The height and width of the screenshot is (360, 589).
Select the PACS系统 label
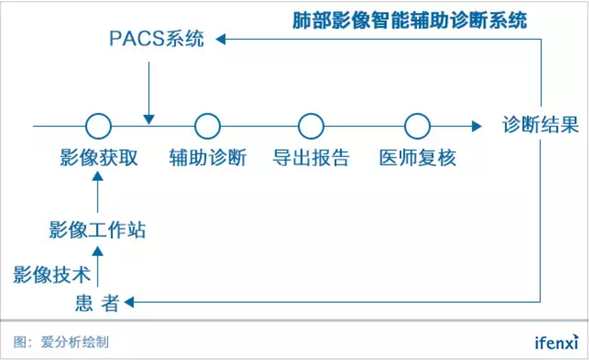point(156,39)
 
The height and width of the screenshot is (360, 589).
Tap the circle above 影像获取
point(98,127)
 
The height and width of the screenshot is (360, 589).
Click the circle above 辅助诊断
point(207,127)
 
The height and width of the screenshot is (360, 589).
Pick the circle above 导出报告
point(311,127)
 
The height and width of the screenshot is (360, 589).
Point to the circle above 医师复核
point(417,127)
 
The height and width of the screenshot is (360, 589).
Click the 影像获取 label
point(99,158)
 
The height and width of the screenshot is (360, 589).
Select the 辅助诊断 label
point(208,158)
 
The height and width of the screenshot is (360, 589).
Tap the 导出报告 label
point(311,158)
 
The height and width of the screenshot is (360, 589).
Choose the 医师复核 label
point(417,158)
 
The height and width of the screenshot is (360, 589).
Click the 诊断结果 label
point(540,126)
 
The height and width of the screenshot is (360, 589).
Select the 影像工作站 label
point(98,230)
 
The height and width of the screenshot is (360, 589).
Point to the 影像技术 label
point(52,274)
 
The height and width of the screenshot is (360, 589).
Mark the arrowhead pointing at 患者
point(128,302)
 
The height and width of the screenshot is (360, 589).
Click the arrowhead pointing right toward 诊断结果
point(476,127)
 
